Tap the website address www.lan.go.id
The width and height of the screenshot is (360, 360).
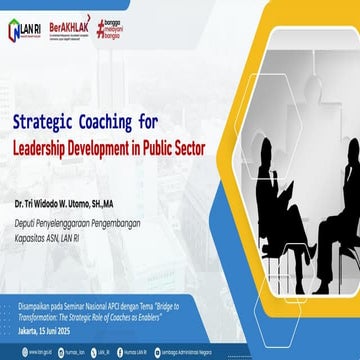[27, 353]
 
